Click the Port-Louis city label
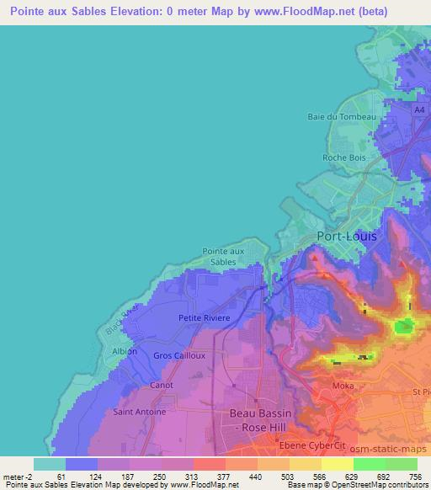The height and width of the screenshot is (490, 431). point(346,237)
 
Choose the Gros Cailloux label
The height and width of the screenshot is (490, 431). point(179,355)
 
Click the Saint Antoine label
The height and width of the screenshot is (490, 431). point(139,413)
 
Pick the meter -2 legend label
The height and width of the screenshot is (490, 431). point(18,477)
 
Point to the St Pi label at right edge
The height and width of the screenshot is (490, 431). point(420,392)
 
